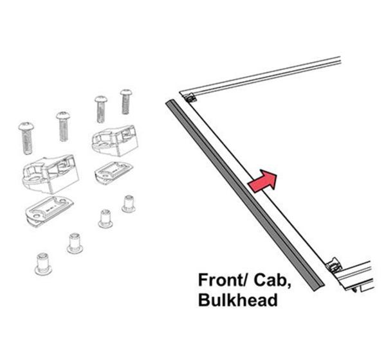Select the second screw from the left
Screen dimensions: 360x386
click(x=63, y=125)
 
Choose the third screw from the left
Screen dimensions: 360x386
click(x=100, y=108)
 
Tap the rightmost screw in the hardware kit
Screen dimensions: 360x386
click(x=125, y=102)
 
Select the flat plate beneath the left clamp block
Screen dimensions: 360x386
click(x=48, y=209)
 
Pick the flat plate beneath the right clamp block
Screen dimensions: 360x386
click(x=114, y=172)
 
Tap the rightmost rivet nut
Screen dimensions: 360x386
click(x=129, y=204)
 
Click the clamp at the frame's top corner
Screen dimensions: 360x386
click(x=190, y=99)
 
